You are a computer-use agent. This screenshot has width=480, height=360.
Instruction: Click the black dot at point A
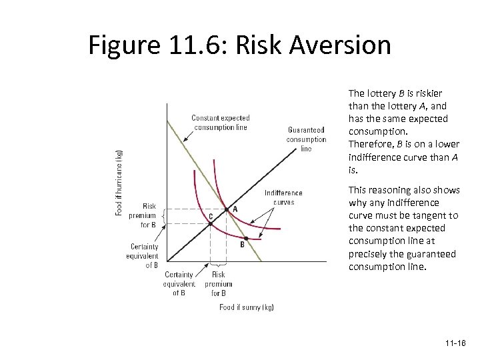point(225,209)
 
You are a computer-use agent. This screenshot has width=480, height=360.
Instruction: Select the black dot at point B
point(245,238)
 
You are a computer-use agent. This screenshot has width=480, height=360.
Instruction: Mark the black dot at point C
point(210,223)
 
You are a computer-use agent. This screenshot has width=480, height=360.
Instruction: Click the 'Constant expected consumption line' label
point(220,123)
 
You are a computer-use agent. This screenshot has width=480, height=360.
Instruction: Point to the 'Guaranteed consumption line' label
point(306,139)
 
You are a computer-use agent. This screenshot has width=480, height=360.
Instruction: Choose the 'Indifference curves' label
point(283,197)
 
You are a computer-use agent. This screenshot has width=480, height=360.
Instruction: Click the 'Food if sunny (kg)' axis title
point(247,307)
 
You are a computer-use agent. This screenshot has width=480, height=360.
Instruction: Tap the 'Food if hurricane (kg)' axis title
point(119,181)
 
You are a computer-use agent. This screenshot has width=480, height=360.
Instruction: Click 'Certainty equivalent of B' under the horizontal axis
point(179,283)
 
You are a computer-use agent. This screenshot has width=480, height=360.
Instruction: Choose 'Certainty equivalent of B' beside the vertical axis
point(144,255)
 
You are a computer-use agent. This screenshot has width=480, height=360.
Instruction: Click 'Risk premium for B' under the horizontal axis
point(218,283)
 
